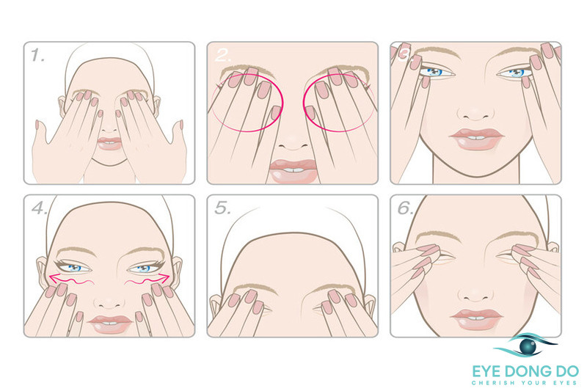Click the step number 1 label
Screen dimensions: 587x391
tap(37, 55)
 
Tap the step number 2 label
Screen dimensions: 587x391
tap(223, 56)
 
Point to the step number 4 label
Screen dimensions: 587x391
tap(39, 208)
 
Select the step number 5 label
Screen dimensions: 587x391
tap(222, 208)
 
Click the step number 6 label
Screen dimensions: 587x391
tap(406, 208)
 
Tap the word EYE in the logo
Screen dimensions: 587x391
tap(487, 371)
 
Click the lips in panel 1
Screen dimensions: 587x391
tap(109, 144)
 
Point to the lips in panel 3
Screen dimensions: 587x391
tap(476, 139)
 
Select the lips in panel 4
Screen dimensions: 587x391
tap(109, 324)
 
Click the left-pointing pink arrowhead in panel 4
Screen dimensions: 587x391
tap(54, 278)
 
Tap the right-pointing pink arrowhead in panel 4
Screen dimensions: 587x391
tap(164, 278)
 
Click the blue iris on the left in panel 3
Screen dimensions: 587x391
tap(434, 72)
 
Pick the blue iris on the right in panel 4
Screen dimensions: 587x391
tap(144, 268)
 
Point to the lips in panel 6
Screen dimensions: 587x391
tap(476, 319)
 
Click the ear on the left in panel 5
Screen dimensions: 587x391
tap(215, 305)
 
